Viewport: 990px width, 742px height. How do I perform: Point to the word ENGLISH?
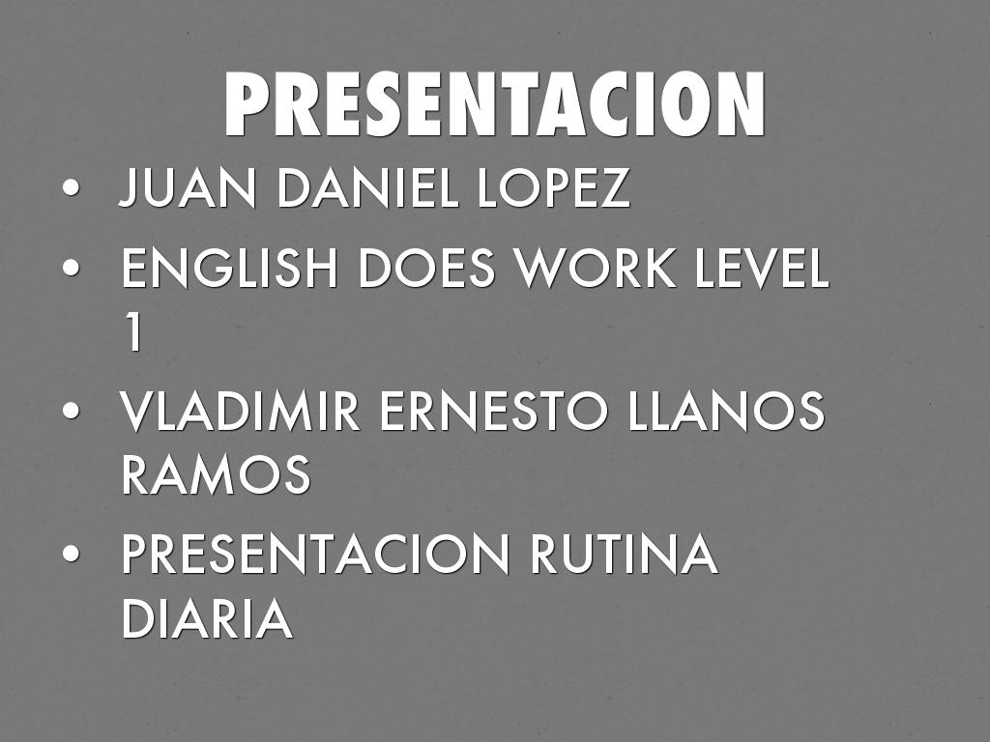pos(231,270)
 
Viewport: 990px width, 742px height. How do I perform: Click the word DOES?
pos(428,270)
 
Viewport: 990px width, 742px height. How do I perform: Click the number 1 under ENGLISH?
pos(132,333)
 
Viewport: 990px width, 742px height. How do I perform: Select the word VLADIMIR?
pos(240,413)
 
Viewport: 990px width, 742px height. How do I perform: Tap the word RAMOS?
pos(216,475)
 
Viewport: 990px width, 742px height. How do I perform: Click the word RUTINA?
pos(624,556)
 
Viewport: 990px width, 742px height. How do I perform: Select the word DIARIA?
pos(206,619)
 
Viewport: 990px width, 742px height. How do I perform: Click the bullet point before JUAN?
pos(70,189)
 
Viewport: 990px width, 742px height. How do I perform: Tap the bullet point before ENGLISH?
pos(70,270)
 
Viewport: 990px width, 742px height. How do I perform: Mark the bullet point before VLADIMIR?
pos(70,413)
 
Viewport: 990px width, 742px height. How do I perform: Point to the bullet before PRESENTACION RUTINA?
pos(70,556)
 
